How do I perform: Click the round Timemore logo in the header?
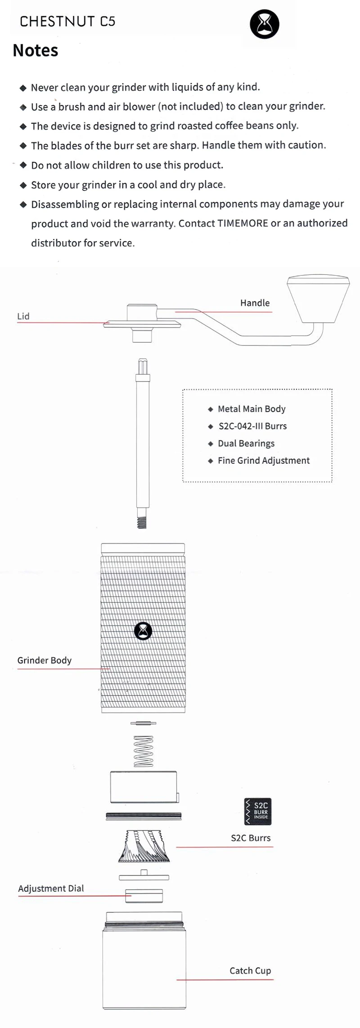click(x=265, y=24)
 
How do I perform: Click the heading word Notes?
click(x=36, y=50)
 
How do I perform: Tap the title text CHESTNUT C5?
click(x=67, y=21)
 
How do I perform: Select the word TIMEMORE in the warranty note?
click(x=243, y=223)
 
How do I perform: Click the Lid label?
click(x=23, y=316)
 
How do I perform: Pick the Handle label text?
click(x=255, y=303)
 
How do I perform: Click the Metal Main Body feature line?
click(x=252, y=409)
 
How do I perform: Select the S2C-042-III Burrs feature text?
click(x=252, y=426)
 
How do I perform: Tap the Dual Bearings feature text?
click(x=246, y=444)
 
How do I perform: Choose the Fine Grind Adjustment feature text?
click(x=264, y=461)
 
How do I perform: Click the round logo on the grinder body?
click(x=143, y=631)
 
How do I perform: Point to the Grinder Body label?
click(x=45, y=660)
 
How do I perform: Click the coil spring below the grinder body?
click(x=144, y=751)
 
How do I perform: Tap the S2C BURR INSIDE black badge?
click(x=258, y=812)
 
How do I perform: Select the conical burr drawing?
click(x=144, y=846)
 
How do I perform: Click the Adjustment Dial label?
click(x=51, y=889)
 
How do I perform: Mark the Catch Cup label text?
click(x=250, y=971)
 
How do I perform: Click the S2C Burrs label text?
click(x=251, y=838)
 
